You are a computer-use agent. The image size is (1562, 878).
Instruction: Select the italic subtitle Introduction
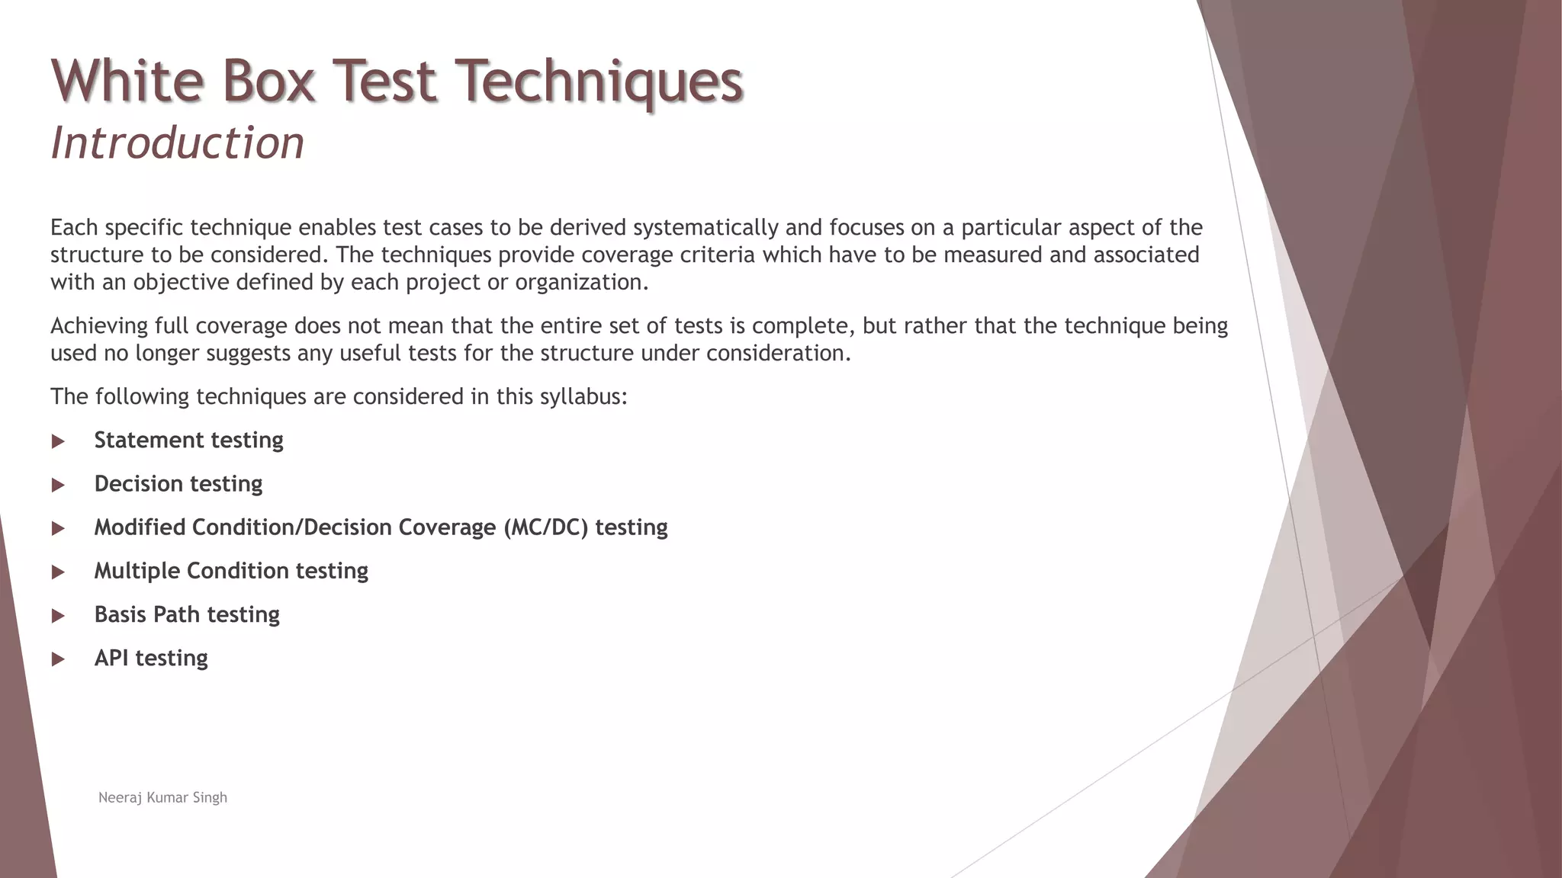pos(177,143)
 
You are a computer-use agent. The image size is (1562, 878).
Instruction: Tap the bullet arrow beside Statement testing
pos(58,441)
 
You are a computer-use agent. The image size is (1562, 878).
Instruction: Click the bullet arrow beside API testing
pos(58,659)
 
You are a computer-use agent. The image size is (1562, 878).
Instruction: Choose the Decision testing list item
pos(178,483)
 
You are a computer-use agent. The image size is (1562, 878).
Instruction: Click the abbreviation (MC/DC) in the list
pos(546,527)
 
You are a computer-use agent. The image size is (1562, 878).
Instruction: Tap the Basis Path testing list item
pos(187,614)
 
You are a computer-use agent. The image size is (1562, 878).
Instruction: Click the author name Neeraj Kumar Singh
pos(162,797)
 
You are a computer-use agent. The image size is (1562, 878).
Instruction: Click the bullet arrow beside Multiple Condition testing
pos(58,572)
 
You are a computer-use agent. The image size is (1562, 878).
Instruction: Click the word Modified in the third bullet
pos(140,527)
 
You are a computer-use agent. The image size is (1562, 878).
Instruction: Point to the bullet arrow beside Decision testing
pos(58,485)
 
